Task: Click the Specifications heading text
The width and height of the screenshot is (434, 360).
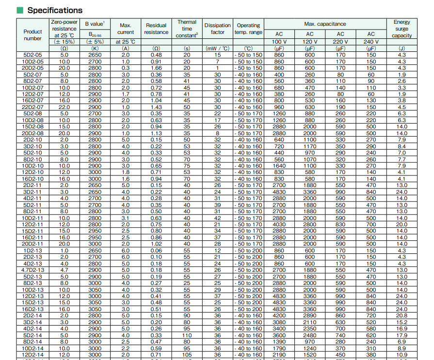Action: (55, 10)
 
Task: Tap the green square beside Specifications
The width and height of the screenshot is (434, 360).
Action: (20, 10)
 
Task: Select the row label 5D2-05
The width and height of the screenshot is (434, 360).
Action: (33, 55)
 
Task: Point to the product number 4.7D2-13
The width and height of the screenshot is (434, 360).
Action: (33, 270)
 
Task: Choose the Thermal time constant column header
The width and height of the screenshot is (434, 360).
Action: (187, 29)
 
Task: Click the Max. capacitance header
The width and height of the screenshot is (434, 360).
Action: (325, 24)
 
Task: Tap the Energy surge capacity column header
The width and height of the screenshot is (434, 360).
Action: (402, 29)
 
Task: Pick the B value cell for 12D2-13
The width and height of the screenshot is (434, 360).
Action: (95, 296)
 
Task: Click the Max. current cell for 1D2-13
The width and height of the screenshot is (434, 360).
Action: (125, 250)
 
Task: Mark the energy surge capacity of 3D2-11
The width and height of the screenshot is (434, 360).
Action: (402, 192)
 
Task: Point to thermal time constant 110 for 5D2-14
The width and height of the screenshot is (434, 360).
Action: (187, 335)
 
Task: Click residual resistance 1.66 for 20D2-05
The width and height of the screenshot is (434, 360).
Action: (156, 68)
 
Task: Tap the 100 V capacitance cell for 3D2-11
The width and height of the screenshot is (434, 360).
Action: (279, 192)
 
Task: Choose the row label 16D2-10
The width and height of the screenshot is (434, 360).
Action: (33, 179)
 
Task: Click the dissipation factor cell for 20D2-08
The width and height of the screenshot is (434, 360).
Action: (217, 133)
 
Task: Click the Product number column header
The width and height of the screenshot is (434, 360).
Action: (33, 35)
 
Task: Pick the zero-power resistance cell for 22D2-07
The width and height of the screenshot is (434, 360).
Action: (64, 107)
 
